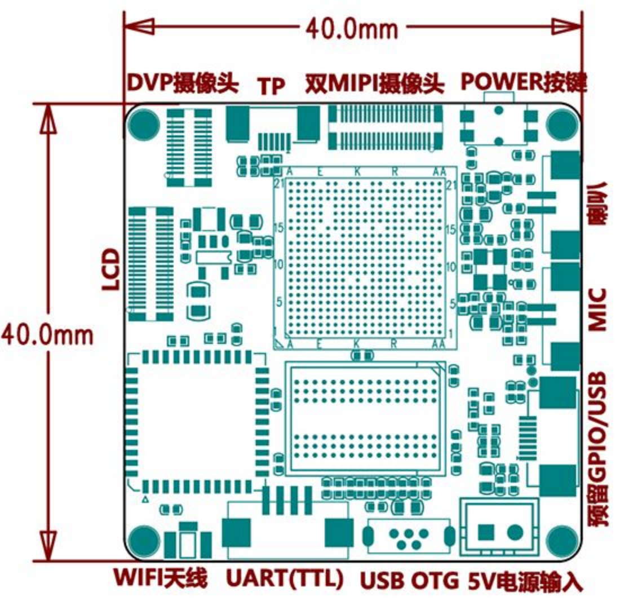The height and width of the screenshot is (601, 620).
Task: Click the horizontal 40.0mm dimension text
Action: click(351, 27)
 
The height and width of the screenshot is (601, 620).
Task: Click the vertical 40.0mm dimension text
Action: click(46, 334)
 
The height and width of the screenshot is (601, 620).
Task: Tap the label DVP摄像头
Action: click(183, 83)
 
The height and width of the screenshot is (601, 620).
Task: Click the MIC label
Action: click(597, 309)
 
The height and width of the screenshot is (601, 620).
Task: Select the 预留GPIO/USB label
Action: click(597, 449)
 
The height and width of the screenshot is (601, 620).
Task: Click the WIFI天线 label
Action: click(161, 579)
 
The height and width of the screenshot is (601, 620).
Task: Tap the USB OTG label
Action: click(409, 580)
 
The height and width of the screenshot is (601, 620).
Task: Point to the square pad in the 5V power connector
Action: click(486, 531)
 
